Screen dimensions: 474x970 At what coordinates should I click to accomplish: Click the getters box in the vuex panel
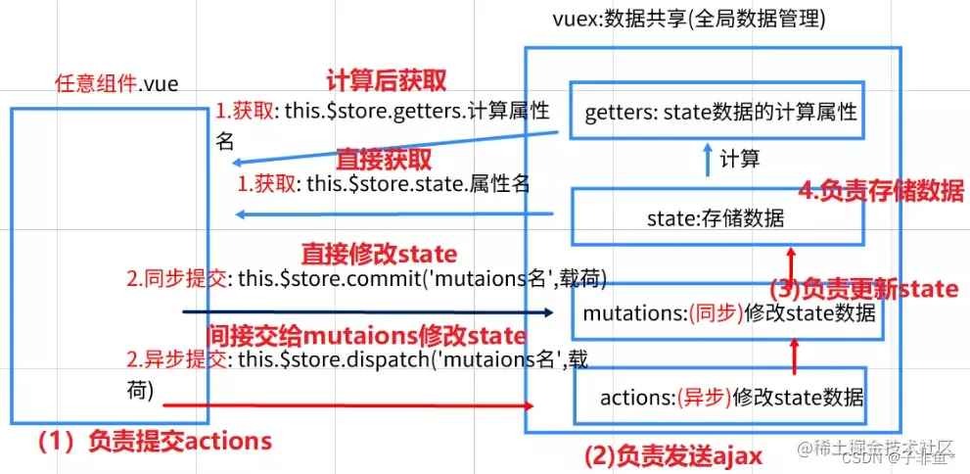click(719, 113)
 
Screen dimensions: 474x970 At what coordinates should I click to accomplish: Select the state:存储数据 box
click(716, 217)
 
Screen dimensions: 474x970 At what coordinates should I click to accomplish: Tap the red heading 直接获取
click(384, 158)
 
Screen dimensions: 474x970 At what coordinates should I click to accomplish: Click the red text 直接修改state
click(379, 255)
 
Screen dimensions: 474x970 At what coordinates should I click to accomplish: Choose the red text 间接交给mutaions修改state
click(366, 334)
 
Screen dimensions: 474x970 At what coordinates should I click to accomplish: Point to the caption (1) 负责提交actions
click(154, 442)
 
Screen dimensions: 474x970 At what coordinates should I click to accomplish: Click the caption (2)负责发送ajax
click(672, 454)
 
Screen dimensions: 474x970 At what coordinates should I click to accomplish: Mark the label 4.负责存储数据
click(881, 191)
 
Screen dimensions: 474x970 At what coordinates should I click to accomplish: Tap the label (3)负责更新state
click(863, 289)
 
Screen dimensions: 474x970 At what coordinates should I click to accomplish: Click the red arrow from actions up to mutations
click(794, 352)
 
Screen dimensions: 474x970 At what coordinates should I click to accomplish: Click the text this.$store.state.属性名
click(418, 182)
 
